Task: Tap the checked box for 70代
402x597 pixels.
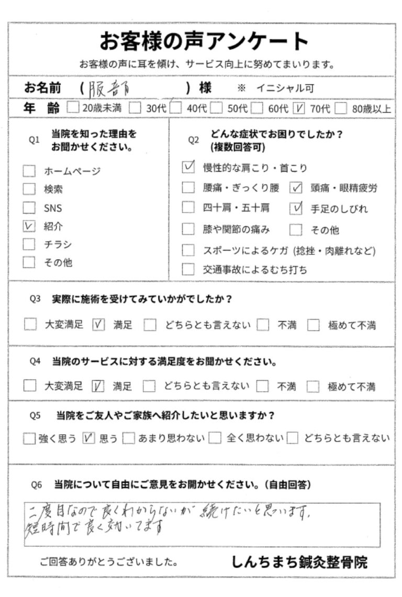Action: pyautogui.click(x=300, y=108)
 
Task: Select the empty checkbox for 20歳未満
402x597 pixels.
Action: pyautogui.click(x=73, y=108)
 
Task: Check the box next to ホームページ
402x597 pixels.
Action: pyautogui.click(x=30, y=171)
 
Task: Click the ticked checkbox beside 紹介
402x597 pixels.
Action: pyautogui.click(x=30, y=226)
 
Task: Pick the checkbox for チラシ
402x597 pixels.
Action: pyautogui.click(x=30, y=245)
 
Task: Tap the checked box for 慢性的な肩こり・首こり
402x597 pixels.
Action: pyautogui.click(x=188, y=168)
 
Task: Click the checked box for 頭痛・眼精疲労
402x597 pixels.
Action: pyautogui.click(x=296, y=187)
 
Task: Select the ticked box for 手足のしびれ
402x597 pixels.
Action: pyautogui.click(x=296, y=208)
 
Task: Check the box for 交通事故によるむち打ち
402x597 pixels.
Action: pyautogui.click(x=188, y=270)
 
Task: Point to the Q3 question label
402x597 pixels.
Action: pyautogui.click(x=35, y=300)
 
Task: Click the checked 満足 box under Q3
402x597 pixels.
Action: pyautogui.click(x=98, y=325)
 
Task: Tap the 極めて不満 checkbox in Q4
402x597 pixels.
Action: pyautogui.click(x=313, y=387)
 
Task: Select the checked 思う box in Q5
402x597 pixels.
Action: pyautogui.click(x=89, y=438)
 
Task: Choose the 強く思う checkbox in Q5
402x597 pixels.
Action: pyautogui.click(x=29, y=438)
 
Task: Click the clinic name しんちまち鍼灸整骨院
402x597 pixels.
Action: pyautogui.click(x=299, y=562)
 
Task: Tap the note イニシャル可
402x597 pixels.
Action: pyautogui.click(x=285, y=89)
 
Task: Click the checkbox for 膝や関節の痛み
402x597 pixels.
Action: pyautogui.click(x=188, y=229)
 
